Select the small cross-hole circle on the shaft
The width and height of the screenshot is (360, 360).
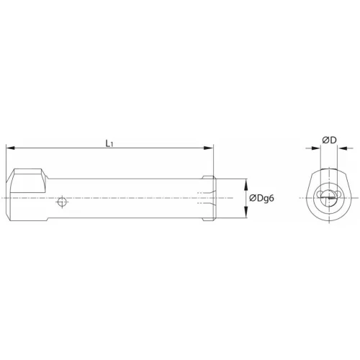[x=63, y=202]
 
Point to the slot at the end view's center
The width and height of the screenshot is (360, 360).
[x=330, y=197]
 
